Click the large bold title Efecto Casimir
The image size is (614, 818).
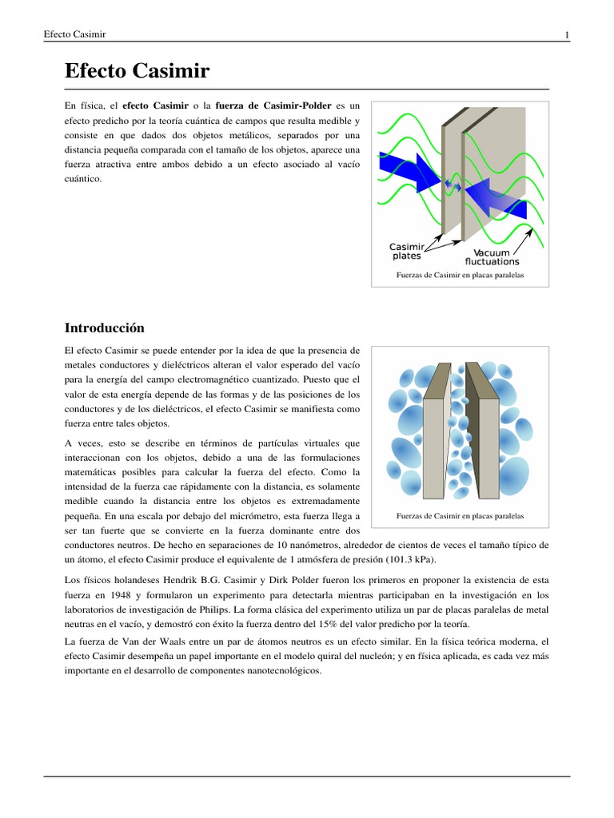[x=137, y=72]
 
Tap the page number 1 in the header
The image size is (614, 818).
[x=566, y=34]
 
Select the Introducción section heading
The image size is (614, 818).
[x=104, y=328]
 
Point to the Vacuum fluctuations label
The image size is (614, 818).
[x=492, y=256]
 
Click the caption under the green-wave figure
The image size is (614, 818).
[x=460, y=276]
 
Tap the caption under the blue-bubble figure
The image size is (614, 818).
[x=460, y=516]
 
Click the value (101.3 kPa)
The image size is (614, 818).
[x=407, y=560]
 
